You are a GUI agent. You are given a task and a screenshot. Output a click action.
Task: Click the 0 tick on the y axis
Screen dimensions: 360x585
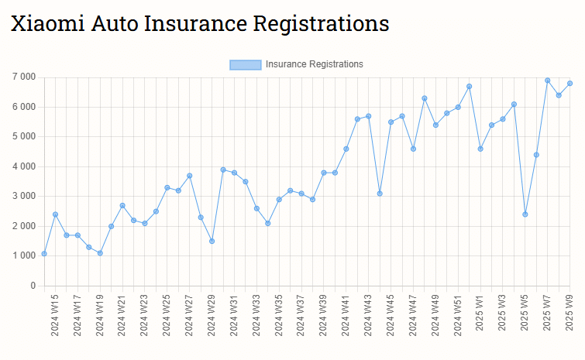tap(32, 286)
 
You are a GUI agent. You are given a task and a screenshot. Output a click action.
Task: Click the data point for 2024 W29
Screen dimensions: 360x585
tap(212, 241)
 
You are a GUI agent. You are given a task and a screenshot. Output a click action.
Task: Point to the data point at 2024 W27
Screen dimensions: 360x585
tap(189, 176)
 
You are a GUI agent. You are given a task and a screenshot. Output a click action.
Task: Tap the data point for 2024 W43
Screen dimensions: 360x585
tap(368, 116)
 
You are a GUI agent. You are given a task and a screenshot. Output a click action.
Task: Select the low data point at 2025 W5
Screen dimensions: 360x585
tap(525, 214)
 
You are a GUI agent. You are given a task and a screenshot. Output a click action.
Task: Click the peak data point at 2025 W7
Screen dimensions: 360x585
tap(547, 80)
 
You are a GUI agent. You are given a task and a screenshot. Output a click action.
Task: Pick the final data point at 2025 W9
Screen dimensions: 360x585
tap(570, 83)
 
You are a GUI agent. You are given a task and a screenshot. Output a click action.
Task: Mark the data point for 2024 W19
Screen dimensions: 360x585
tap(100, 253)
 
